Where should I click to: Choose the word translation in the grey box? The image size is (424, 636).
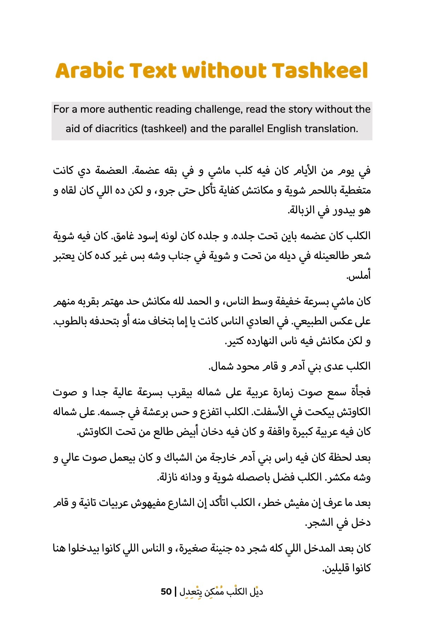click(331, 129)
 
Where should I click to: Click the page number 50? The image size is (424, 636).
click(166, 591)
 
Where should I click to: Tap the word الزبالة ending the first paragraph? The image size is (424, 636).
click(302, 211)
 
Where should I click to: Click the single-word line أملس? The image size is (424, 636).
click(359, 276)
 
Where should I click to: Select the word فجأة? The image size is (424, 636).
click(360, 392)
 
